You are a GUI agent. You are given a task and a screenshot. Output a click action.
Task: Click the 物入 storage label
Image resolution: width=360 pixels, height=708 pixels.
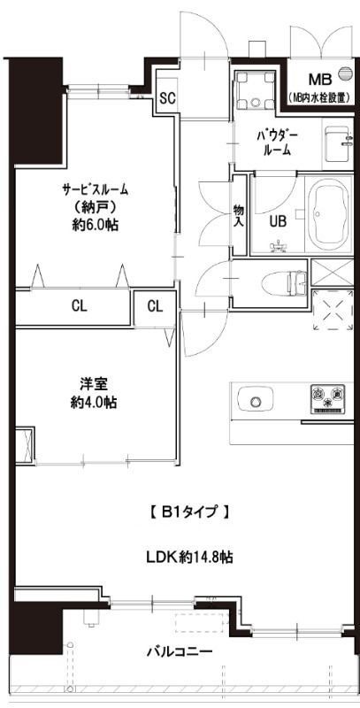point(239,216)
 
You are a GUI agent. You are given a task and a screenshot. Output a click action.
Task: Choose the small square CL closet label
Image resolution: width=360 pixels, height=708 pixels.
point(155,307)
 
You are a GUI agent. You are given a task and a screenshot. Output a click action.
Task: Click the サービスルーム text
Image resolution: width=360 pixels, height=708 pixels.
point(96,189)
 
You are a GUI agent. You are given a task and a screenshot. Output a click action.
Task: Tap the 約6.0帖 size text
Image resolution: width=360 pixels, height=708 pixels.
point(96,225)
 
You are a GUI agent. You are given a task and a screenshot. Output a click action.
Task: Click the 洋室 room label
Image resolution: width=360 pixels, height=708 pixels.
point(96,384)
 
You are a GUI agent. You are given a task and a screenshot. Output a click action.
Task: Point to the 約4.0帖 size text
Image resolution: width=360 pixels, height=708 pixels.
point(96,402)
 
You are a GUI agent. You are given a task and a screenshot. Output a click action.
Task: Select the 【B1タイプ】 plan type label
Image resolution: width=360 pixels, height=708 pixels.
point(190,511)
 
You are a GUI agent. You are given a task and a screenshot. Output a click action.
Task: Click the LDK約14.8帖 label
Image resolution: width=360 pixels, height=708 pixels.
point(189,558)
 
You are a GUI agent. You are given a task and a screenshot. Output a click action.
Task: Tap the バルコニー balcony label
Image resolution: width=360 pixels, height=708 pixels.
point(178,652)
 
